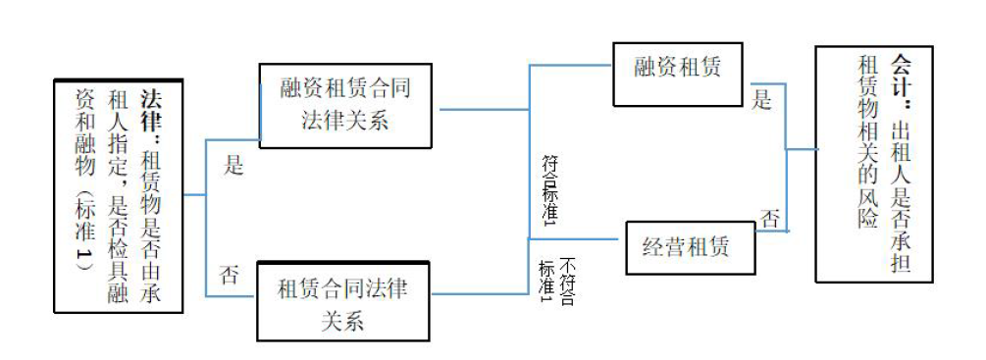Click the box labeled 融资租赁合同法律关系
(346, 107)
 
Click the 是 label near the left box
(234, 166)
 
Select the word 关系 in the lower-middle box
(342, 319)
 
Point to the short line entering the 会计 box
(802, 149)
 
